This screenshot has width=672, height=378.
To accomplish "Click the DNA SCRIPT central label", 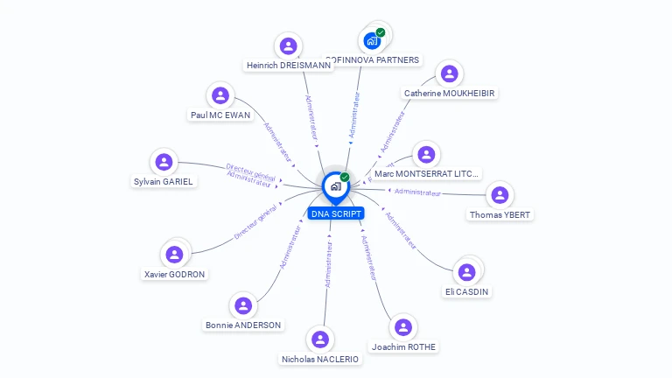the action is [335, 213].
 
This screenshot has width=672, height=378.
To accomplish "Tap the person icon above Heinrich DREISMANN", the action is [288, 46].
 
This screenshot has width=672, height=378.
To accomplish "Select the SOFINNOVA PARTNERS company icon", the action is [373, 40].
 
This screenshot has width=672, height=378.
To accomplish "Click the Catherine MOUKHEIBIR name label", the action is [450, 93].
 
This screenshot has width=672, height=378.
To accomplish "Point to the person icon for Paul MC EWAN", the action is [220, 96].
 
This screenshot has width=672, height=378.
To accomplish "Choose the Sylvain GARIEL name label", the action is [164, 182].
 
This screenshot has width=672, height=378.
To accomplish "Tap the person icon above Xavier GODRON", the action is [174, 255].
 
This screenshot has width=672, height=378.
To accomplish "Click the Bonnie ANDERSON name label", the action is [243, 325].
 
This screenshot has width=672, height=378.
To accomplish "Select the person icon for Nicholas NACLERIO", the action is [320, 339].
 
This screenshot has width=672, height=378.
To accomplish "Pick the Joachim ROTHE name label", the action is [403, 347].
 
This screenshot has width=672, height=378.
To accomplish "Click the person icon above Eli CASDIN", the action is [466, 272].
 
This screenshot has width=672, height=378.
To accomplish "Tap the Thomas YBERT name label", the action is [500, 215].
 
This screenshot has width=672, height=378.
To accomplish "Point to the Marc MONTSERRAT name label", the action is [427, 174].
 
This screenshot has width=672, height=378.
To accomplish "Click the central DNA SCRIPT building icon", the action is [335, 185].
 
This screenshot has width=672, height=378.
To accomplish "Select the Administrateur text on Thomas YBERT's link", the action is [417, 192].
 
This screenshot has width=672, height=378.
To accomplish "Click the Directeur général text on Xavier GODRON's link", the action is [255, 223].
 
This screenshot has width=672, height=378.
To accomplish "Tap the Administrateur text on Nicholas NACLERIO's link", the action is [328, 264].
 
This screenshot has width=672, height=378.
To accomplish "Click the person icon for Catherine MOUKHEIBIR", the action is [449, 73].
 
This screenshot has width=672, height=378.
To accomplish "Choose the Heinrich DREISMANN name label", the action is [289, 66].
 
